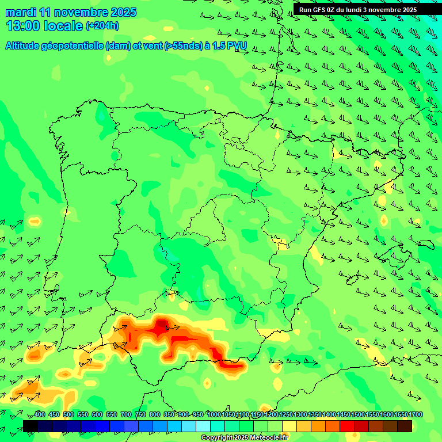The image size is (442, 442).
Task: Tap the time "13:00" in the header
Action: point(24,26)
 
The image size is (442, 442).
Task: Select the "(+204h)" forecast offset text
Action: point(102,26)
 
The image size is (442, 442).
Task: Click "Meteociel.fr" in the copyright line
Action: point(268,438)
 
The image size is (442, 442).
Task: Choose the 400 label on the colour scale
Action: point(40,415)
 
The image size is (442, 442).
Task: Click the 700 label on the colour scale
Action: point(125,415)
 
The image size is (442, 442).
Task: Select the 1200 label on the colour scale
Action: point(272,415)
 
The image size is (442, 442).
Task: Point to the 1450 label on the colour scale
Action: point(344,415)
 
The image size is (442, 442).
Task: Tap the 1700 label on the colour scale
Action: point(416,415)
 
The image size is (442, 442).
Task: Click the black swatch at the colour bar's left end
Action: point(31,426)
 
